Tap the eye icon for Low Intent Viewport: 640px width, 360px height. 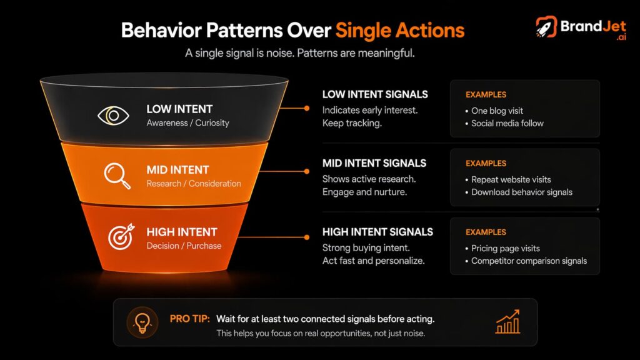tap(113, 116)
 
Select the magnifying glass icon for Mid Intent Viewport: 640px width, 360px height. tap(117, 176)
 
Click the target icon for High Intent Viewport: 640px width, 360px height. tap(120, 237)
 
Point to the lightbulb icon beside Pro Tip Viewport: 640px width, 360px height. tap(141, 322)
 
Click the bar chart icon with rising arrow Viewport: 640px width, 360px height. tap(507, 322)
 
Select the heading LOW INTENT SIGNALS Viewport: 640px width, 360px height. tap(375, 94)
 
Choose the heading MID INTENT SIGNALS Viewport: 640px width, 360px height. tap(374, 163)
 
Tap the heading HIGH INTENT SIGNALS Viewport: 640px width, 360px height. tap(377, 232)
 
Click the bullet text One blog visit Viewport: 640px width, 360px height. tap(497, 111)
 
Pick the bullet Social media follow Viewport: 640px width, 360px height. tap(507, 123)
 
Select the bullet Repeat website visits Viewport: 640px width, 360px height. tap(511, 179)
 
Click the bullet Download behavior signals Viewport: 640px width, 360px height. tap(522, 192)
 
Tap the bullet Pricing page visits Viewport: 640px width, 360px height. tap(506, 248)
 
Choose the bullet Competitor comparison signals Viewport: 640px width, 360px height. tap(529, 261)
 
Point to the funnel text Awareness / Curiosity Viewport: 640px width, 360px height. tap(187, 123)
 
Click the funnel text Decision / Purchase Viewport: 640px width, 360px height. tap(184, 246)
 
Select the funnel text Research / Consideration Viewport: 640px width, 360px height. tap(194, 184)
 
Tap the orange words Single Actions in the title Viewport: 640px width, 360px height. tap(399, 30)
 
